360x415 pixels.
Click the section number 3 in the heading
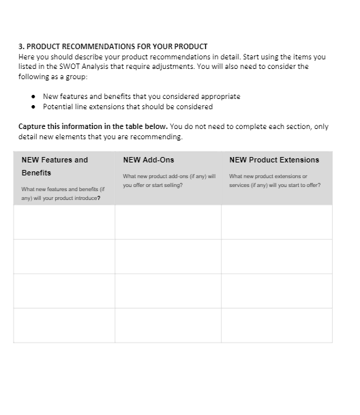tap(20, 46)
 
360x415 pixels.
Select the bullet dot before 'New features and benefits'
tap(33, 97)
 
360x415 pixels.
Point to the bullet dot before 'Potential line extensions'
tap(33, 106)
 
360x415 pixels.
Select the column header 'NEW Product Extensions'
tap(274, 160)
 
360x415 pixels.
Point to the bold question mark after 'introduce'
tap(100, 198)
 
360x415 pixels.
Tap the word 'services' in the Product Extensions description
tap(240, 185)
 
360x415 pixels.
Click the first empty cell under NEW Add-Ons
tap(168, 222)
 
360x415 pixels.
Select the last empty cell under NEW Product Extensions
tap(276, 325)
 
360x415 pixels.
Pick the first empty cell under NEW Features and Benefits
tap(64, 222)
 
